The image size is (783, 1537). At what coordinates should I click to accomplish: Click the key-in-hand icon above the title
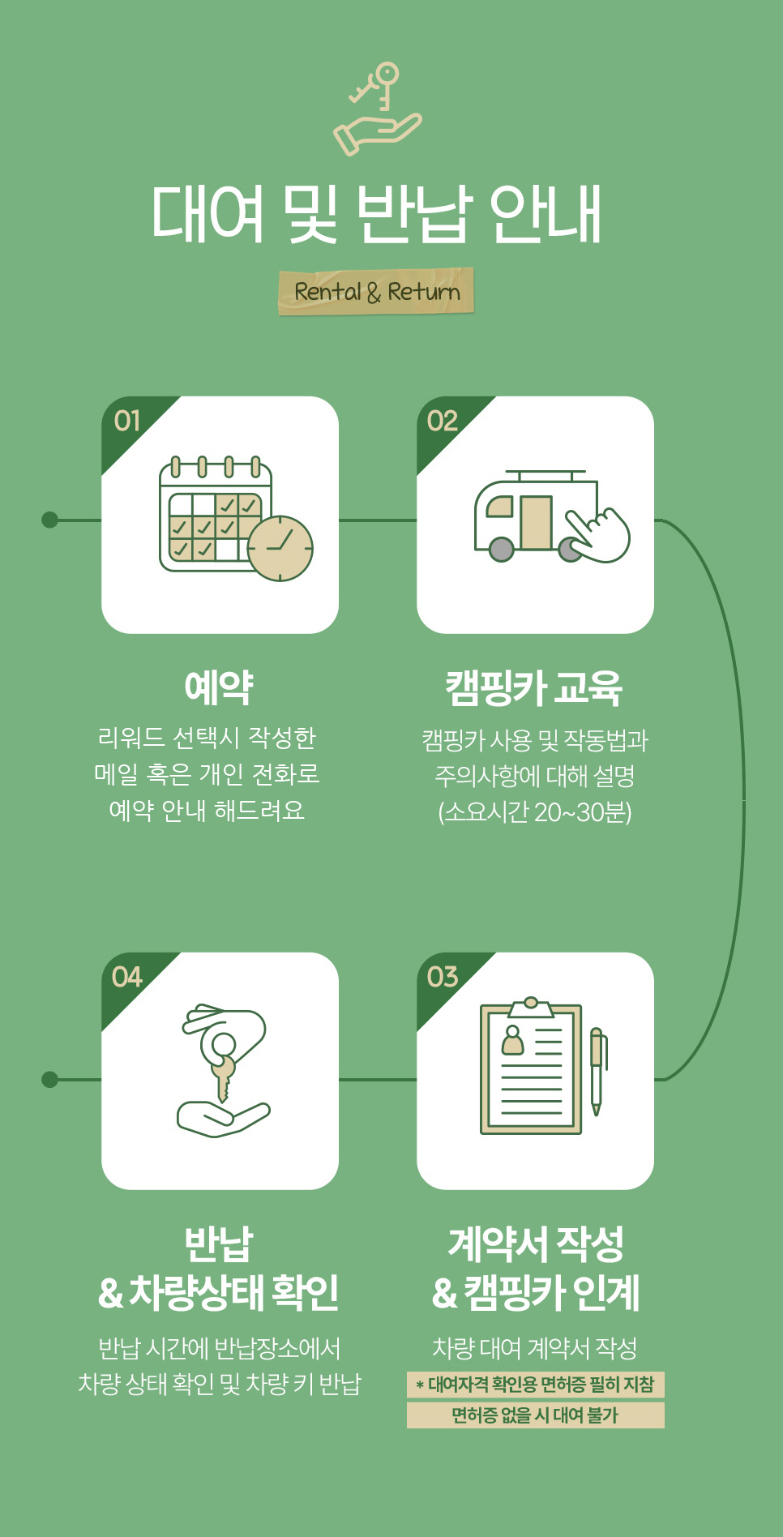378,108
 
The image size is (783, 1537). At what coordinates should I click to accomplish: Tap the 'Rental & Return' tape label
376,291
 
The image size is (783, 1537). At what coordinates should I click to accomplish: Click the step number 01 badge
127,421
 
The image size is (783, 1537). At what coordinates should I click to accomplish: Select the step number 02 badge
443,421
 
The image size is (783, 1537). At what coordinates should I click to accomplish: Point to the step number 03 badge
443,977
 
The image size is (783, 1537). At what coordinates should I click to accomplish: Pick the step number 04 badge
127,977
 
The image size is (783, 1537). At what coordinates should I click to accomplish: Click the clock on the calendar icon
280,549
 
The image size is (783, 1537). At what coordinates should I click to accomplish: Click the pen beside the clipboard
597,1070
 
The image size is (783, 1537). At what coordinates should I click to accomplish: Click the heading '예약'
219,687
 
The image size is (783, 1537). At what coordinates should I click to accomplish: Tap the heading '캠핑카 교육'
534,688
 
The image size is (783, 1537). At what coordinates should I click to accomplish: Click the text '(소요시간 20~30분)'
534,811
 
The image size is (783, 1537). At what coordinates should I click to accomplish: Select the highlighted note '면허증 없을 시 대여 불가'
535,1415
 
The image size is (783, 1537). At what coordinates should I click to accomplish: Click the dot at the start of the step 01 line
49,520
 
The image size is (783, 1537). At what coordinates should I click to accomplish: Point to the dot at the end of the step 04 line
49,1079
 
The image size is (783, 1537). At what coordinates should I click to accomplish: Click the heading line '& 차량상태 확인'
219,1292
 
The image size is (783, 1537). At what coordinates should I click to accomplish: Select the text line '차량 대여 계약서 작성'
534,1347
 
